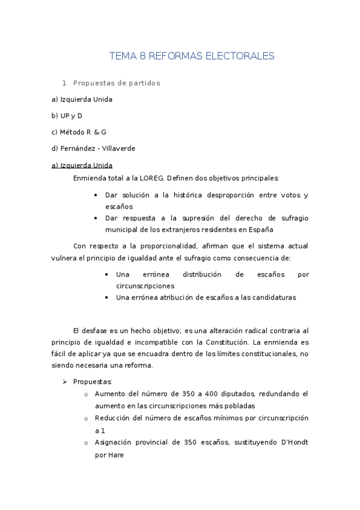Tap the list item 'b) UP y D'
[x=67, y=115]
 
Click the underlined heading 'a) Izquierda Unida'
[x=82, y=165]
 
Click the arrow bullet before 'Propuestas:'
[x=65, y=381]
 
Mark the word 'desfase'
[x=102, y=330]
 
